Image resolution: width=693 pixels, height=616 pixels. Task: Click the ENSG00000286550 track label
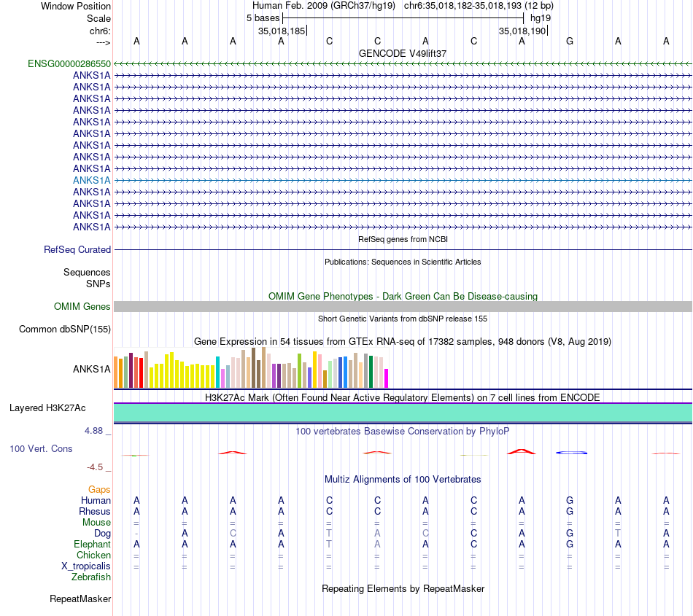69,64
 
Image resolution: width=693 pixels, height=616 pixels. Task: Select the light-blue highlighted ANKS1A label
92,180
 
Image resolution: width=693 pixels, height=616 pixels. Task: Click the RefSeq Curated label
77,249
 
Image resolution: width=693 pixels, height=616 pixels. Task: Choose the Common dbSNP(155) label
65,330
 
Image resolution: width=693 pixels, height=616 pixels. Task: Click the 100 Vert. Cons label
41,449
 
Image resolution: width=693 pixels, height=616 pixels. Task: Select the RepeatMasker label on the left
80,599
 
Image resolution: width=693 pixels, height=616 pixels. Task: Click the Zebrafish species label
91,577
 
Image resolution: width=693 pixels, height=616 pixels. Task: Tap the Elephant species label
92,545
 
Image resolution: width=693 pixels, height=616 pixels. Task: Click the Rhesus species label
95,512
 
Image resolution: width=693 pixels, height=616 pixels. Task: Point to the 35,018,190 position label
522,31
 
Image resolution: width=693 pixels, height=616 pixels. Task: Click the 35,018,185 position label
281,31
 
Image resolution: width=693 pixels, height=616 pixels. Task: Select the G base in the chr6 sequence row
570,42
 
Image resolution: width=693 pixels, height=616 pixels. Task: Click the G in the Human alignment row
570,501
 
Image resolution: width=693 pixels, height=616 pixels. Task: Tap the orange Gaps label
99,490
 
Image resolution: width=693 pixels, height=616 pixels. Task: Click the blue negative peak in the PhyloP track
572,453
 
